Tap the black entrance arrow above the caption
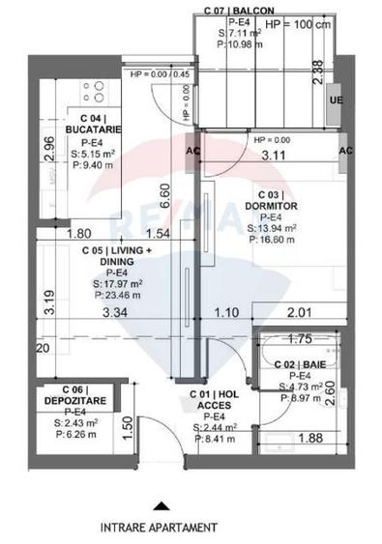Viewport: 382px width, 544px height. [161, 504]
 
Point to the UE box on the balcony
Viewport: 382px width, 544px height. [336, 100]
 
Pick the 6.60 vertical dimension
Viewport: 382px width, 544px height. [164, 196]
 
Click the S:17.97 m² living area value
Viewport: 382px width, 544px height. [113, 284]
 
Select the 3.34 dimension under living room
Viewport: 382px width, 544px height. [113, 311]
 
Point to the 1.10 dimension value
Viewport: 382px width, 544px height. [225, 311]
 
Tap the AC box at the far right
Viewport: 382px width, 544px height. [346, 151]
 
